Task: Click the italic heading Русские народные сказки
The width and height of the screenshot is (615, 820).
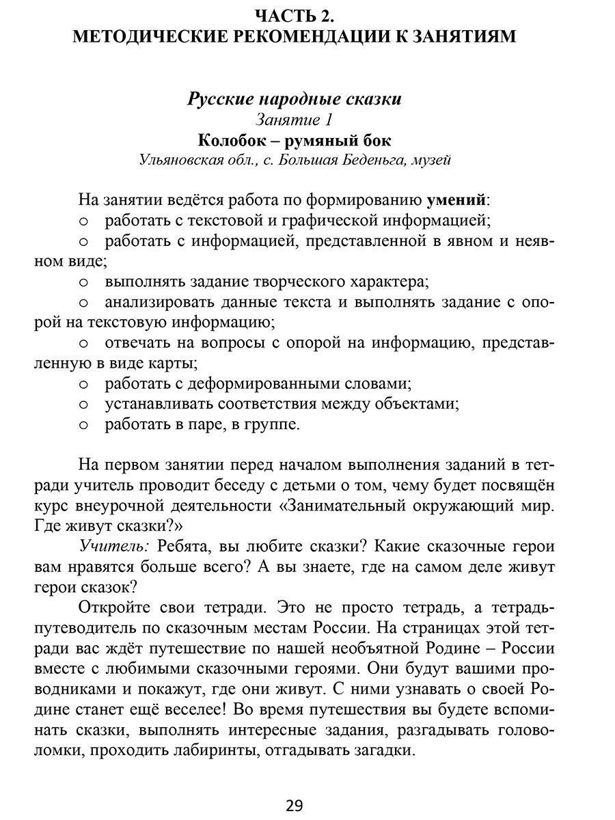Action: pos(295,99)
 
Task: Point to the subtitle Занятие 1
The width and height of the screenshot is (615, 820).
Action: pos(294,120)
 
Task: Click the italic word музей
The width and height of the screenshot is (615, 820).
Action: pos(432,161)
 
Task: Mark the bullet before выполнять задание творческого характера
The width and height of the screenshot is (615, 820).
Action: pos(84,282)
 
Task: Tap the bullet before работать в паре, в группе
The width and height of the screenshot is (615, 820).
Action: pos(84,424)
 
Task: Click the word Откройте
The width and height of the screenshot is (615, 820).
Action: pos(111,608)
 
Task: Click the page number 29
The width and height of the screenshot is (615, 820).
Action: pos(294,804)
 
